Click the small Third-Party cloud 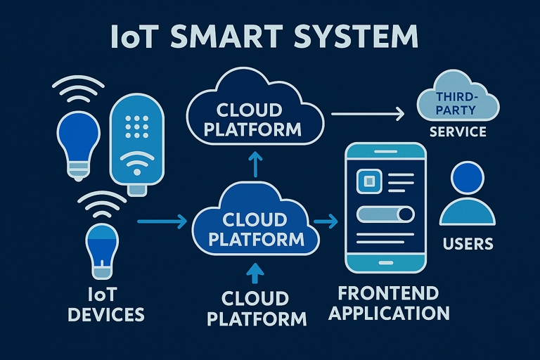tap(457, 104)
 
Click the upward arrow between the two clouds tap(255, 164)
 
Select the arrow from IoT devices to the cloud tap(161, 222)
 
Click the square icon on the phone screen tap(366, 182)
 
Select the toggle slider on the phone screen tap(387, 214)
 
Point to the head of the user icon tap(466, 179)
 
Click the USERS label tap(468, 244)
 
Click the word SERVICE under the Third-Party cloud tap(458, 131)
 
